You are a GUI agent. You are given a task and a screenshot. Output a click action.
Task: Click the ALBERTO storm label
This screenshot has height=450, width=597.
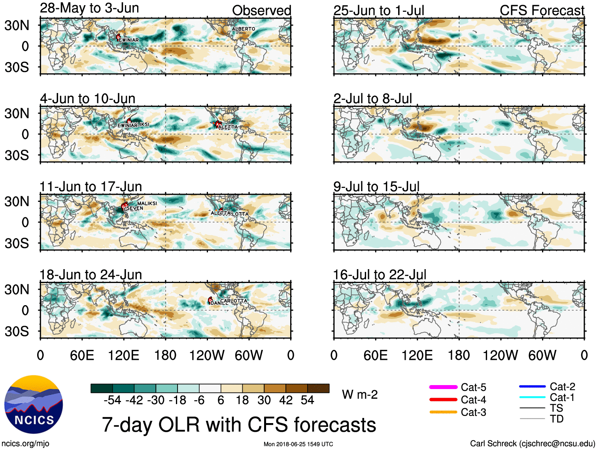pyautogui.click(x=243, y=29)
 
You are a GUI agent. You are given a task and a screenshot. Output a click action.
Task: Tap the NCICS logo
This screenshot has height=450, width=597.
pyautogui.click(x=34, y=404)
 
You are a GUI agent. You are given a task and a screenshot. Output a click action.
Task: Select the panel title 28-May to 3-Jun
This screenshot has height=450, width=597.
pyautogui.click(x=89, y=8)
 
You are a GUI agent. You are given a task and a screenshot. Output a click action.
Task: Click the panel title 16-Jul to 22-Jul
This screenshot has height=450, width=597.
pyautogui.click(x=380, y=274)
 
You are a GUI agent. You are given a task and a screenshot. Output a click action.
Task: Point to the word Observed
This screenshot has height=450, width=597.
pyautogui.click(x=261, y=10)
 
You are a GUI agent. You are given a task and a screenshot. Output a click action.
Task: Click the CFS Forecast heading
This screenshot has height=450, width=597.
pyautogui.click(x=542, y=10)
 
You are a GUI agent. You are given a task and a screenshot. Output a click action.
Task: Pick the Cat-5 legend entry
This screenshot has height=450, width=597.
pyautogui.click(x=457, y=387)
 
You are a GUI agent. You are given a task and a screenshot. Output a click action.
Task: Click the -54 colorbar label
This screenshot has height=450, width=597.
pyautogui.click(x=112, y=400)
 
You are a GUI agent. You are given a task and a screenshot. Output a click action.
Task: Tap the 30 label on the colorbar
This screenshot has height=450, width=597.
pyautogui.click(x=264, y=400)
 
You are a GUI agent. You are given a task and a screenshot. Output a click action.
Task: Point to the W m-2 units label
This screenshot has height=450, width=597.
pyautogui.click(x=360, y=395)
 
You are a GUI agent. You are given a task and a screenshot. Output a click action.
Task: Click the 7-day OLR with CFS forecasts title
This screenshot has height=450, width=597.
pyautogui.click(x=239, y=425)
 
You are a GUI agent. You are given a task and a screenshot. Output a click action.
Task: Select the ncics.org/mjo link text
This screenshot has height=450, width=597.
pyautogui.click(x=25, y=443)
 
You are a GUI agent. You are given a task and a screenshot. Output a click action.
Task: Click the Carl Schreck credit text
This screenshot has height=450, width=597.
pyautogui.click(x=532, y=443)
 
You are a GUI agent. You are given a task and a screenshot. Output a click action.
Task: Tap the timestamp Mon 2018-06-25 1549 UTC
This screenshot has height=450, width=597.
pyautogui.click(x=298, y=444)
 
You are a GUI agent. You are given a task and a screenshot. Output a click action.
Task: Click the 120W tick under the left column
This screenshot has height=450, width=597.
pyautogui.click(x=207, y=355)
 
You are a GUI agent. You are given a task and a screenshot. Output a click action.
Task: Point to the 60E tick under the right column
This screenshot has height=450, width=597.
pyautogui.click(x=375, y=355)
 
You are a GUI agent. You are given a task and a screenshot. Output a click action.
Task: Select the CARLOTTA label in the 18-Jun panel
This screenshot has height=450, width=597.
pyautogui.click(x=234, y=301)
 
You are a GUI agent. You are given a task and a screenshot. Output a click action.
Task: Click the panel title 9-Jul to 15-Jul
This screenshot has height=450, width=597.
pyautogui.click(x=376, y=186)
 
